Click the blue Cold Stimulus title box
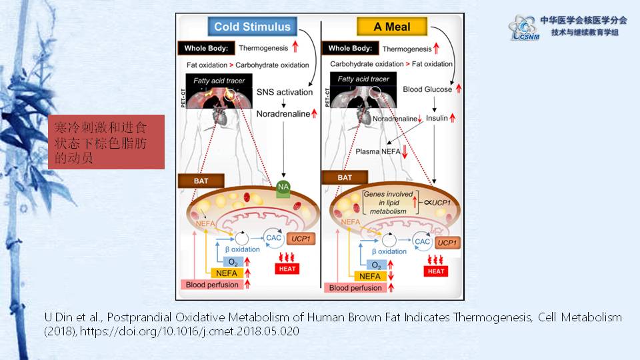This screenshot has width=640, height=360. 252,27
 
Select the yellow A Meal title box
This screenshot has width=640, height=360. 392,27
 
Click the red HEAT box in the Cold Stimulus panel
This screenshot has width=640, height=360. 289,269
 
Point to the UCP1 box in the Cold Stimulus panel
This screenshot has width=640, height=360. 303,238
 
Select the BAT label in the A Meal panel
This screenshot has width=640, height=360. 345,177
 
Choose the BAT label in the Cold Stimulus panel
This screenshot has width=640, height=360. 201,180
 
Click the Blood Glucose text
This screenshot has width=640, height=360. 427,89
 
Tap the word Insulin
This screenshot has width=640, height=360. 437,118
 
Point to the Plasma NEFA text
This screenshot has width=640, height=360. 377,151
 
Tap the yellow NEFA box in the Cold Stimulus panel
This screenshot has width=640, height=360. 227,273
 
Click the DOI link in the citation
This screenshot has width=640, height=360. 189,331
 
